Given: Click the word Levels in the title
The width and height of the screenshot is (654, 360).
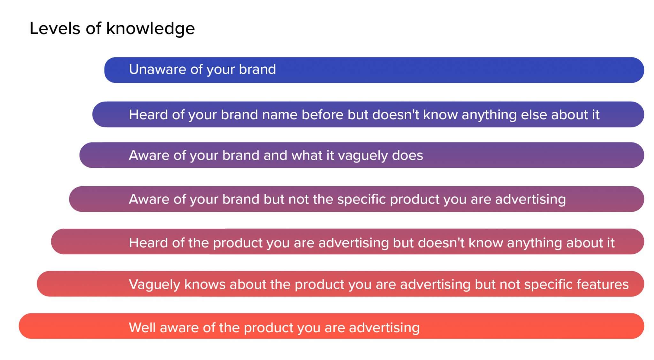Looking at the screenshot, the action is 55,28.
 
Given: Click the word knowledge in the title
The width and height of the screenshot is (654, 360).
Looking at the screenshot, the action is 150,29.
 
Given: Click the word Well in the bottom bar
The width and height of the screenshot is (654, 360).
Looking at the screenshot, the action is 142,328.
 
